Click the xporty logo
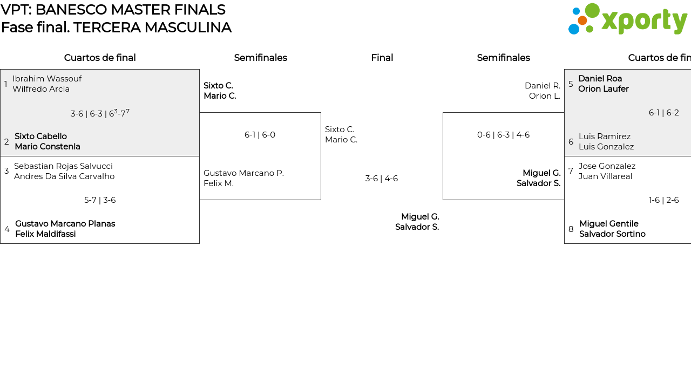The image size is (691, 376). [627, 19]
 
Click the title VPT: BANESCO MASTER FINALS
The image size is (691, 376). [113, 10]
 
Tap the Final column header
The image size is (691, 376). [382, 58]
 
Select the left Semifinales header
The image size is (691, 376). [260, 58]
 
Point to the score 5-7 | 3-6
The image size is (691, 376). [100, 200]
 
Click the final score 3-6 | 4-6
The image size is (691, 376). [382, 179]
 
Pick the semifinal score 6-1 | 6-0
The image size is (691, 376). [260, 135]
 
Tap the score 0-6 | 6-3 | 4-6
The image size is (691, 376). [503, 135]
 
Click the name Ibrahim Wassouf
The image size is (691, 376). [47, 79]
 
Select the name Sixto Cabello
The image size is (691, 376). [40, 136]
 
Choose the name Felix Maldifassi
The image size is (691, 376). [45, 234]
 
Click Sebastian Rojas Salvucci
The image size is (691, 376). [63, 166]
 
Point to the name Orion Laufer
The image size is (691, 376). [603, 89]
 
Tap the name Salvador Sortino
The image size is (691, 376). [612, 234]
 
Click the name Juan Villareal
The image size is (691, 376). [605, 176]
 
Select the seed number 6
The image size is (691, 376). [571, 142]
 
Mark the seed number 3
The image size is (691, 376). [6, 171]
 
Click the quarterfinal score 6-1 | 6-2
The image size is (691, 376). [663, 113]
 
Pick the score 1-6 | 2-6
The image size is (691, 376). [663, 200]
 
